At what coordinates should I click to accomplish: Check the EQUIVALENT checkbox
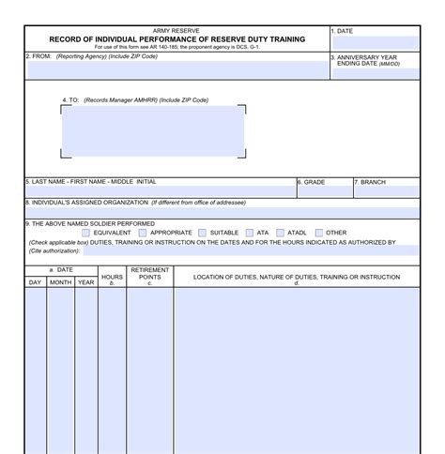pos(86,233)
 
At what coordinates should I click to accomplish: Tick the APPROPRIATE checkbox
pos(142,233)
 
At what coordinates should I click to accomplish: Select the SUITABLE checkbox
pos(202,233)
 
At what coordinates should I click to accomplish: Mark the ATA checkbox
pos(249,233)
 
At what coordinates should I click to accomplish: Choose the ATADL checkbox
pos(280,233)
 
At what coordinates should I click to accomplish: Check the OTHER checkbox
pos(319,233)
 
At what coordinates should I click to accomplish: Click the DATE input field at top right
pos(374,43)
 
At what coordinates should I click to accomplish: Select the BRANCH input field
pos(385,191)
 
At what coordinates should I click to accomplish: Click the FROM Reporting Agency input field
pos(176,69)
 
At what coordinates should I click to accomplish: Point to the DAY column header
pos(35,282)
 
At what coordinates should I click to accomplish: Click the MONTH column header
pos(60,282)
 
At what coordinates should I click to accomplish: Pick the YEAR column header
pos(85,282)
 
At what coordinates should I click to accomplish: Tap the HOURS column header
pos(112,278)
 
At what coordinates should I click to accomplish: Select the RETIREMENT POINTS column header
pos(149,274)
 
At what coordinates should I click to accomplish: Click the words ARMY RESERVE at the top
pos(176,31)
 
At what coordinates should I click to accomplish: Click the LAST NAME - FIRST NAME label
pos(92,181)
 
